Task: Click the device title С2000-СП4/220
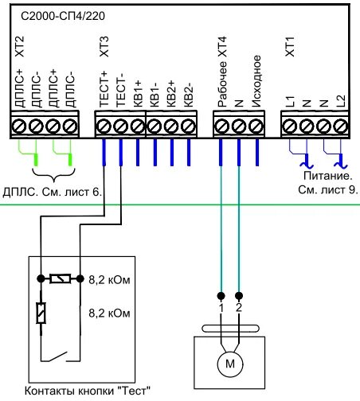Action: (63, 17)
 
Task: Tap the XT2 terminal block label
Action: (20, 47)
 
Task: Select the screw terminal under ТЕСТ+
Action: (104, 126)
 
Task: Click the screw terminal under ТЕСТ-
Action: (120, 126)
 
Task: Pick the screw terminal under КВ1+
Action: (138, 126)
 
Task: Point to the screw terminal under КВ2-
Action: (189, 126)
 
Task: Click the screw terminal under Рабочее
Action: (221, 126)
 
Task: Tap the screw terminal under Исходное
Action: (256, 126)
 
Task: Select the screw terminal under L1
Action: (289, 126)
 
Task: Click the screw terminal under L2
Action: (341, 126)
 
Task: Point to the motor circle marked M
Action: (230, 364)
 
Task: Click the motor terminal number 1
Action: (221, 308)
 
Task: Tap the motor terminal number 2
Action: (239, 308)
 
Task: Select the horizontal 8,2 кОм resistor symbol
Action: (61, 278)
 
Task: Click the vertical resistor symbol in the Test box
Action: (41, 313)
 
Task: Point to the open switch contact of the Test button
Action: (57, 356)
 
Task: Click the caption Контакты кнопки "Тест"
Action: (88, 391)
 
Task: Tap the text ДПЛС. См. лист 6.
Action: (53, 193)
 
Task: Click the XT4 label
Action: (222, 47)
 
